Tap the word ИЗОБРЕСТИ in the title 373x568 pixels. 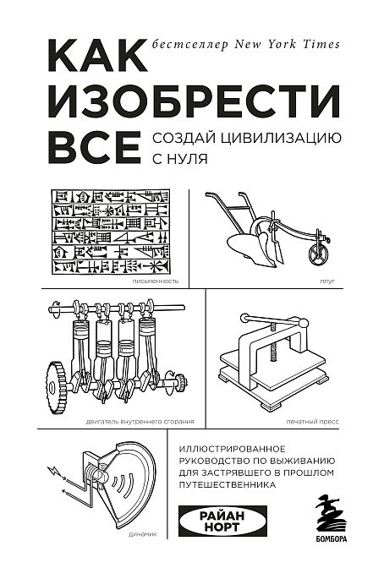[x=195, y=100]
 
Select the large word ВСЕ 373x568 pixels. [x=94, y=147]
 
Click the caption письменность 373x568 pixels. [x=156, y=281]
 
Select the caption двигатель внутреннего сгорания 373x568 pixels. [x=140, y=422]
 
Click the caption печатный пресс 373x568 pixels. [x=312, y=422]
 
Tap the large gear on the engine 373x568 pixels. [x=57, y=387]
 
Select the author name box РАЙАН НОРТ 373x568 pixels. [x=222, y=522]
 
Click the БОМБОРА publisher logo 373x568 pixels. [x=332, y=519]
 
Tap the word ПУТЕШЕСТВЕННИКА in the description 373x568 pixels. [x=228, y=484]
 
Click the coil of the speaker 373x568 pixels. [x=96, y=472]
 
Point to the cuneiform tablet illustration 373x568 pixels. [x=111, y=232]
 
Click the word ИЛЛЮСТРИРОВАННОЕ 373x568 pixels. [x=233, y=449]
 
